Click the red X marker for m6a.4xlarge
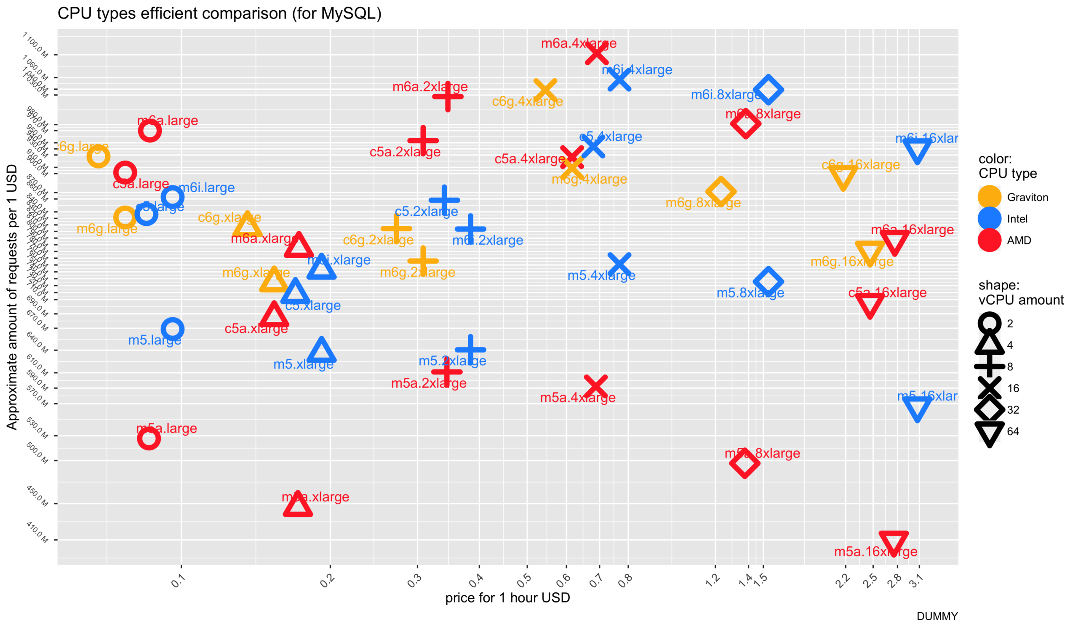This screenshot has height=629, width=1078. coord(596,54)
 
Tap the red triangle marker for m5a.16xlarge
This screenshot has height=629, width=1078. coord(894,543)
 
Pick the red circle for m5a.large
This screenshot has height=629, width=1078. coord(149,438)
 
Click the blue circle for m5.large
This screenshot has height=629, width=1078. coord(172,329)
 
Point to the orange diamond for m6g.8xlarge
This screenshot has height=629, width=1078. coord(721,191)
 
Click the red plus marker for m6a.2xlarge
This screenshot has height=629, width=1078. coord(448,96)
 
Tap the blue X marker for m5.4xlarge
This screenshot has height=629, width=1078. coord(619,264)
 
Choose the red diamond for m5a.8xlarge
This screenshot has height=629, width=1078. coord(744,463)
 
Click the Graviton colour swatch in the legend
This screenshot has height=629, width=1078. coord(990,197)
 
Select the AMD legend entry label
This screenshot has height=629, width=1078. coord(1019,241)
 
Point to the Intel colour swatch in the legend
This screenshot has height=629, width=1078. coord(990,219)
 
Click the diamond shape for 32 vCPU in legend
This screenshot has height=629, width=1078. coord(990,410)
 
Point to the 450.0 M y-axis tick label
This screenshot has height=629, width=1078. coord(37,496)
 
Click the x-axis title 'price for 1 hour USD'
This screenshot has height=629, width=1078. coord(507,598)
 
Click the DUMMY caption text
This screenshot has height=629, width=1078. coord(937,616)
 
